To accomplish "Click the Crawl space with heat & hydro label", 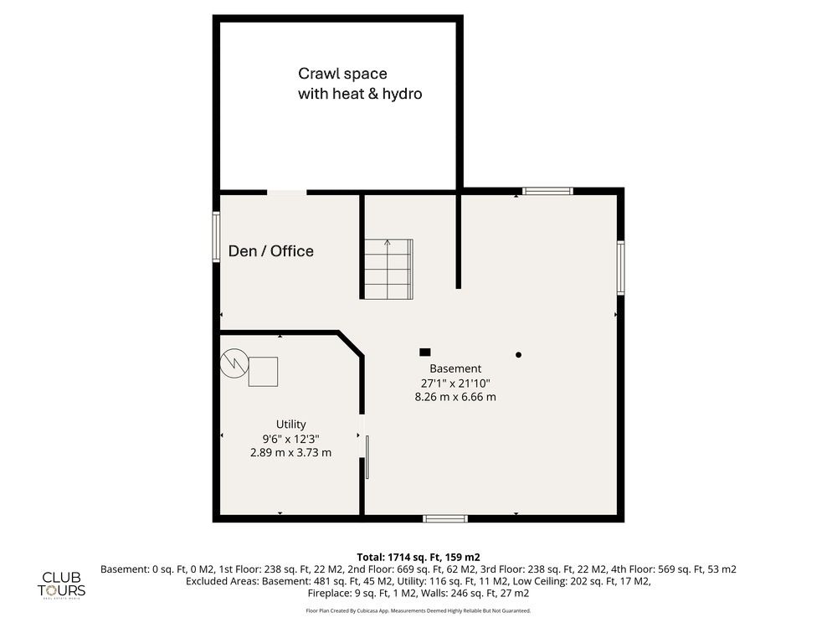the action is click(360, 83).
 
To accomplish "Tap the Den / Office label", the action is click(270, 251).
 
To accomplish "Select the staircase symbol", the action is click(388, 269).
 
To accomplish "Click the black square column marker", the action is click(425, 352).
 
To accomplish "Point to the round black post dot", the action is click(518, 354).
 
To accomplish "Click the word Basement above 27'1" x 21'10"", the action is click(455, 368).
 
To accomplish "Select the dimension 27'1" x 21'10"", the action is click(455, 383).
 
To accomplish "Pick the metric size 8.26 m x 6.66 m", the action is click(455, 397).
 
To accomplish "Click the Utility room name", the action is click(291, 425).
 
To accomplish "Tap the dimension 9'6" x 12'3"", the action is click(291, 439).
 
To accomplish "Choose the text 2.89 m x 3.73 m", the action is click(291, 452).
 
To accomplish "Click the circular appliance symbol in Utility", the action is click(234, 363).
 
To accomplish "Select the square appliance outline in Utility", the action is click(263, 372).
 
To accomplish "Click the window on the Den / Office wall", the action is click(216, 237).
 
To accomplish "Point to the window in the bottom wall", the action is click(445, 518).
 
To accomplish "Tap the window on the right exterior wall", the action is click(621, 268).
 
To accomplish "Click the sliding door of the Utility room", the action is click(367, 457).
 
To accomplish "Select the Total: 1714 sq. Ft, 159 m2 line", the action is click(418, 558).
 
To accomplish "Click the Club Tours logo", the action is click(61, 585).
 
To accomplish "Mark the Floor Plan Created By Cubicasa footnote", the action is click(418, 610).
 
